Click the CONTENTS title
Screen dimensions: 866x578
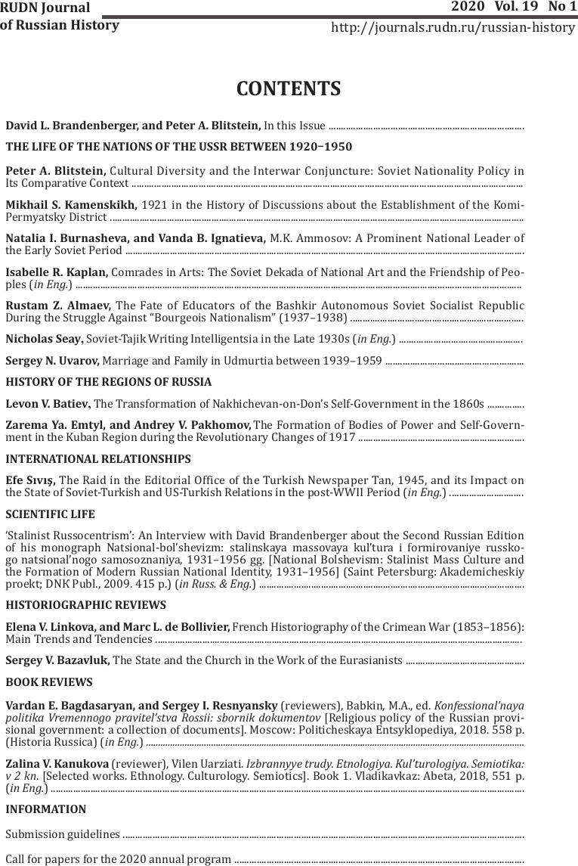[289, 89]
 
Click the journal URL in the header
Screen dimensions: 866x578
[453, 28]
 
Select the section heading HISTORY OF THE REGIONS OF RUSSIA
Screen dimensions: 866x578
[108, 382]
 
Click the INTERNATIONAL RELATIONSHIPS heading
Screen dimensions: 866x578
[97, 458]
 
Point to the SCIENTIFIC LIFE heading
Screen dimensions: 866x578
[50, 514]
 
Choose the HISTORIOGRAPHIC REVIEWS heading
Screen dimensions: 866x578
[85, 605]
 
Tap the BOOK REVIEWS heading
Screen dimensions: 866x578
[48, 682]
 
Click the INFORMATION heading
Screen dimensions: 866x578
[45, 809]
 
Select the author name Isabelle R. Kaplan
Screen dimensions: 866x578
[57, 272]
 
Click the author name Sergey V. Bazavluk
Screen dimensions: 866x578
[57, 661]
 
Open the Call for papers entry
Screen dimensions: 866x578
[118, 859]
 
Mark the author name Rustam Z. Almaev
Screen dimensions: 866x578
[58, 305]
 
